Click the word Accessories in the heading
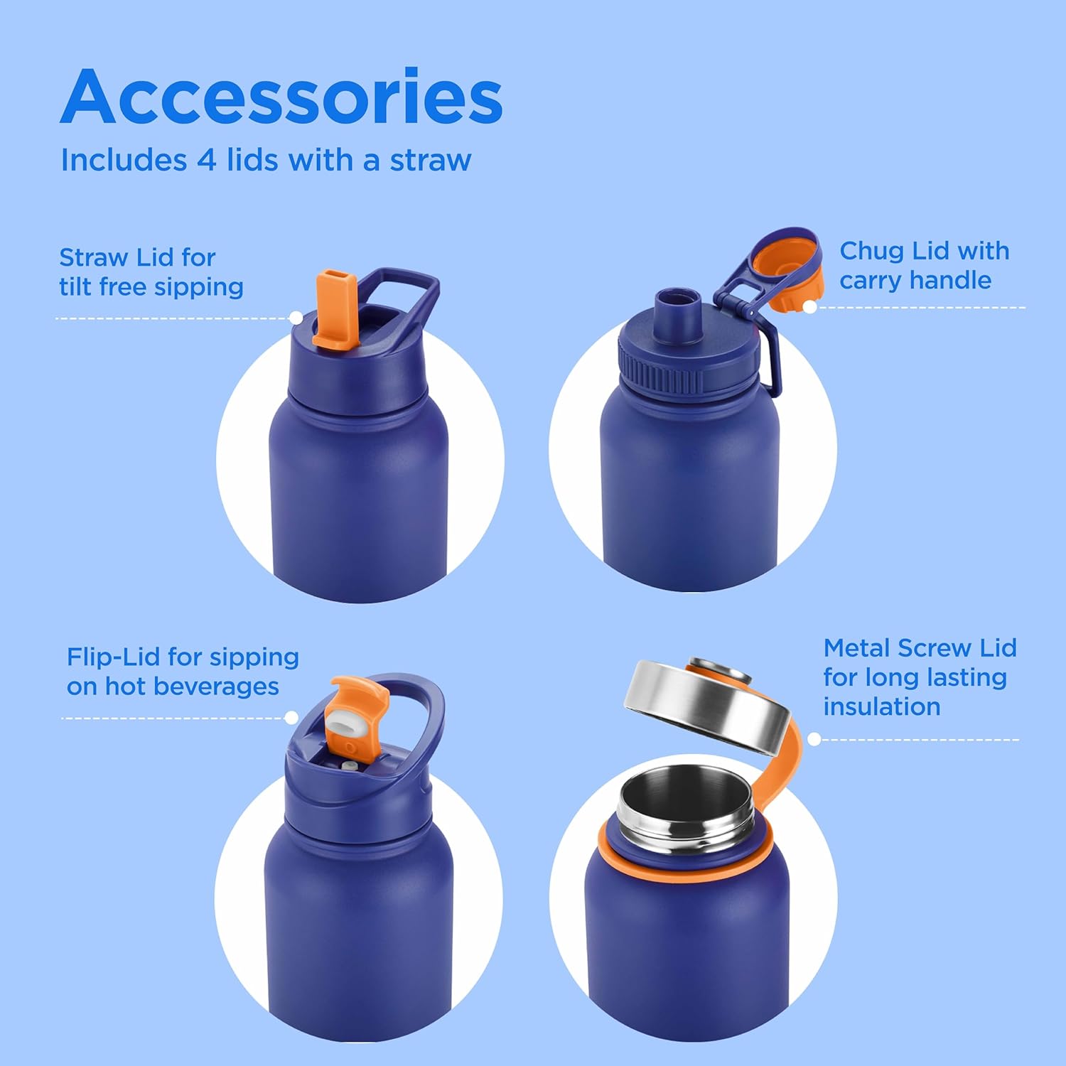281,97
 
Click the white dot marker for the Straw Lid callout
296,318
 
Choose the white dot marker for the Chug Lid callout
810,307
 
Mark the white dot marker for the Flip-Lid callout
291,718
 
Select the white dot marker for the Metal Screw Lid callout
814,739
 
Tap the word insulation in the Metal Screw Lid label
882,707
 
